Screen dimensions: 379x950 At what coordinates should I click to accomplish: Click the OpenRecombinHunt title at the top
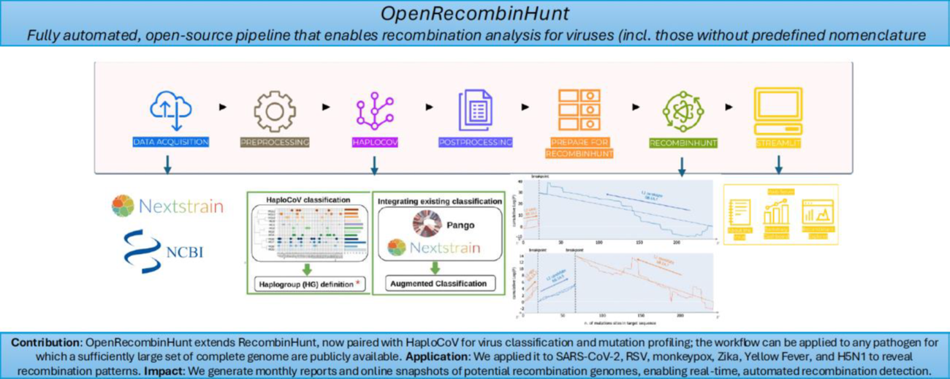coord(475,14)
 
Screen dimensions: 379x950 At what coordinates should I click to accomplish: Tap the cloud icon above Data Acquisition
coord(170,110)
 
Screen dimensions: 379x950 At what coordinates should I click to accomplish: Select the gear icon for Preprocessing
coord(275,111)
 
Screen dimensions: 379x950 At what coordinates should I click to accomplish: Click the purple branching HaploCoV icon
coord(374,111)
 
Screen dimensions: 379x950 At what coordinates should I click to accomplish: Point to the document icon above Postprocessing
coord(474,111)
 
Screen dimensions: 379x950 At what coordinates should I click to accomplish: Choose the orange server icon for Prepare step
coord(577,110)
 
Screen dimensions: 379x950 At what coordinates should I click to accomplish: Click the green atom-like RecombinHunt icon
coord(681,110)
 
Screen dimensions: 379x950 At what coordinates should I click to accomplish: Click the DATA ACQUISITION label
coord(170,142)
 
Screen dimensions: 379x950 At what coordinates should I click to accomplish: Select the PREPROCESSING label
coord(275,142)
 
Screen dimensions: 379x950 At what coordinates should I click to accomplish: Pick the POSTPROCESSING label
coord(475,142)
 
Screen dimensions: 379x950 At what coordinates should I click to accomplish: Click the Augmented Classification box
coord(438,283)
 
